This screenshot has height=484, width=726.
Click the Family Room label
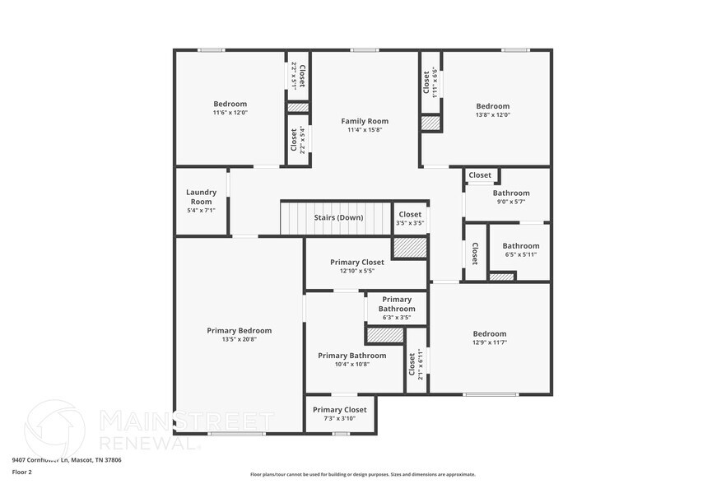[365, 121]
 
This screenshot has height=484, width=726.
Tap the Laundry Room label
[201, 197]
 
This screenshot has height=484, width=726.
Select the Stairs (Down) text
[338, 218]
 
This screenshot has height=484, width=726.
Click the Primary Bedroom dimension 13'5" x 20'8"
[239, 339]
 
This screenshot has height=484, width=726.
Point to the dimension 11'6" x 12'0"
[230, 113]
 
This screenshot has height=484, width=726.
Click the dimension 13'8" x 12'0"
[492, 114]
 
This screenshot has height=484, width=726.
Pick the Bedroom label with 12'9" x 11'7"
[489, 334]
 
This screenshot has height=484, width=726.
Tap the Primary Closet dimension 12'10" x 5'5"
[356, 271]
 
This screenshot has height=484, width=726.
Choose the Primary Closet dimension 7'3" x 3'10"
[339, 418]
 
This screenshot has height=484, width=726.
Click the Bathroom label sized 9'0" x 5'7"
[511, 193]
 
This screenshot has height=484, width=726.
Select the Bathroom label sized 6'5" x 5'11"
[520, 246]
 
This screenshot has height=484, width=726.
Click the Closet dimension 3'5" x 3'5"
[409, 223]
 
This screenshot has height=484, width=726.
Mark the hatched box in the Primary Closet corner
[409, 248]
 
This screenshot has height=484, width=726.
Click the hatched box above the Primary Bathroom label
[384, 335]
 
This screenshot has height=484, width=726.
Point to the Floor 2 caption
[21, 472]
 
